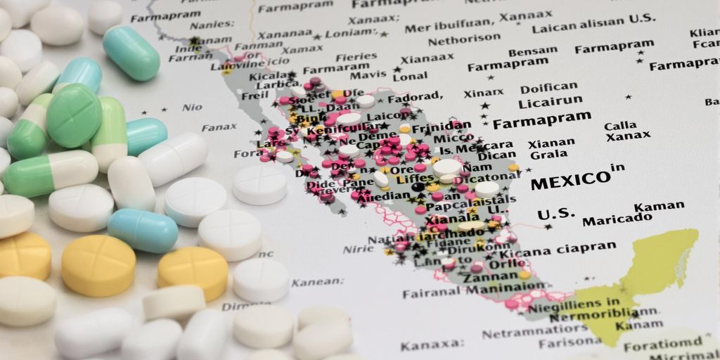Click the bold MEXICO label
click(570, 181)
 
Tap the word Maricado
click(617, 219)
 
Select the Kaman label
click(659, 207)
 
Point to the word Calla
click(619, 126)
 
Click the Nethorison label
click(463, 41)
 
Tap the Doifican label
click(549, 89)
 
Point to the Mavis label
click(368, 75)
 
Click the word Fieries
click(356, 56)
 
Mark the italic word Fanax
click(219, 127)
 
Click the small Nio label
click(191, 108)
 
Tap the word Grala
click(549, 155)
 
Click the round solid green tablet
click(74, 115)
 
